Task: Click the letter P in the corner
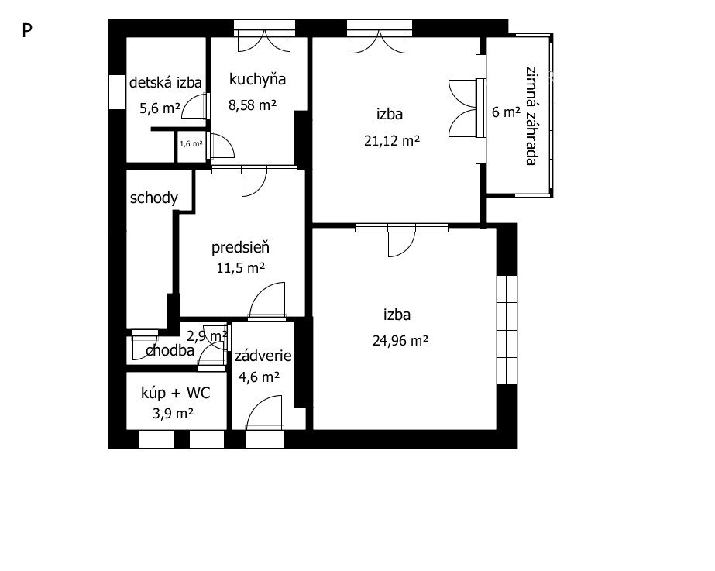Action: tap(27, 31)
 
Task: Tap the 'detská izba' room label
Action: tap(166, 83)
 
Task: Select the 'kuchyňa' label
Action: tap(257, 79)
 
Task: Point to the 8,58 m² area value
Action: tap(253, 105)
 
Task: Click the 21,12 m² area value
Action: tap(392, 140)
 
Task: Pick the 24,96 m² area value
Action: tap(400, 341)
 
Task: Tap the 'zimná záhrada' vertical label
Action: tap(531, 116)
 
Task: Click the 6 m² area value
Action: tap(506, 112)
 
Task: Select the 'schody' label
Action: tap(153, 198)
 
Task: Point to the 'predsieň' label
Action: tap(240, 247)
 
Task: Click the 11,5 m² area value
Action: tap(240, 268)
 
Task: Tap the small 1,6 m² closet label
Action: tap(191, 143)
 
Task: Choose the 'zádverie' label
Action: tap(263, 356)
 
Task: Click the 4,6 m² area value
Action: tap(259, 377)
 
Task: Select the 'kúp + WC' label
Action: tap(176, 393)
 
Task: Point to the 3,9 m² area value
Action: tap(174, 414)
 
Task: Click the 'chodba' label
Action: tap(170, 351)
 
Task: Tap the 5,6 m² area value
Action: tap(160, 108)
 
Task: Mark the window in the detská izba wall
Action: tap(117, 91)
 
